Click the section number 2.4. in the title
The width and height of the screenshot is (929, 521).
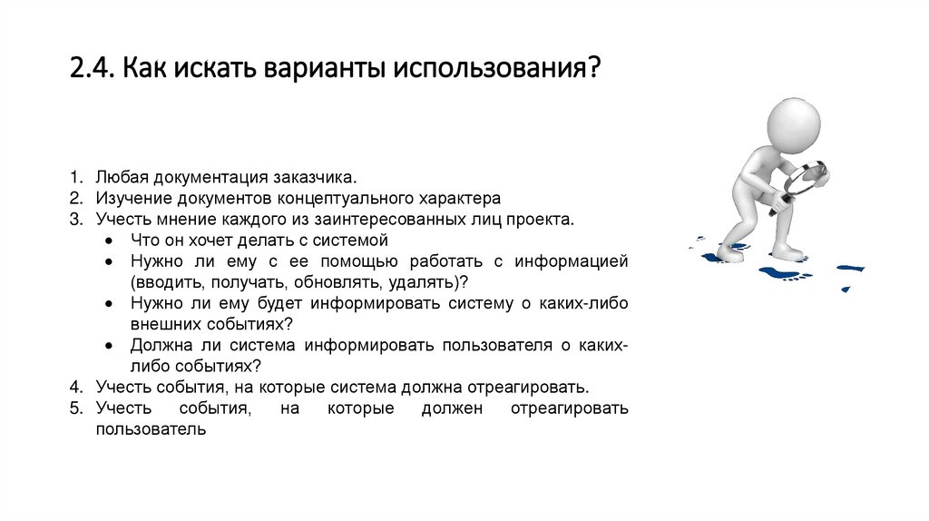click(x=91, y=69)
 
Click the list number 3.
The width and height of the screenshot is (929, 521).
click(x=75, y=219)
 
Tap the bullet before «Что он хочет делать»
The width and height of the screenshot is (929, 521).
click(x=109, y=241)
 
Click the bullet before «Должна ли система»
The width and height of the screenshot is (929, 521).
click(x=109, y=346)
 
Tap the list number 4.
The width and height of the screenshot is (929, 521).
click(x=75, y=387)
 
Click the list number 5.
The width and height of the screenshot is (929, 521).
click(x=75, y=408)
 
